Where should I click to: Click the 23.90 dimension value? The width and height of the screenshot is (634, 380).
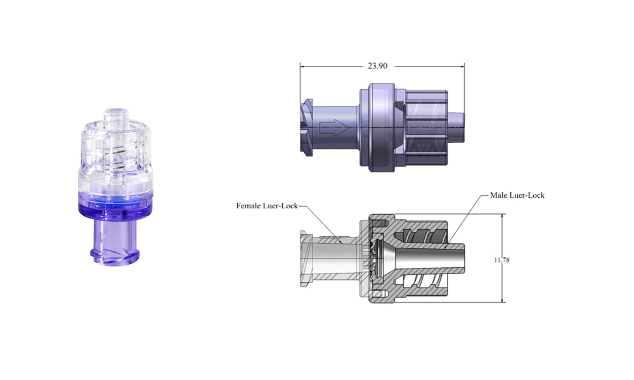[377, 66]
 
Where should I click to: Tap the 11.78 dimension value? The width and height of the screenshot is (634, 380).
[501, 260]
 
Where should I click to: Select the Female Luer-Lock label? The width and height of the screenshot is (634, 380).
[267, 206]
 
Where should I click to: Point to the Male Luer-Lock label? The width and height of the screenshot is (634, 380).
[517, 195]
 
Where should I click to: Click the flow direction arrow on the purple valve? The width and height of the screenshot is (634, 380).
[334, 128]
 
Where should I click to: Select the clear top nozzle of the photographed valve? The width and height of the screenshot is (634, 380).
[115, 117]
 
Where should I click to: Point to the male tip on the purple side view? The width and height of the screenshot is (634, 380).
[456, 127]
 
